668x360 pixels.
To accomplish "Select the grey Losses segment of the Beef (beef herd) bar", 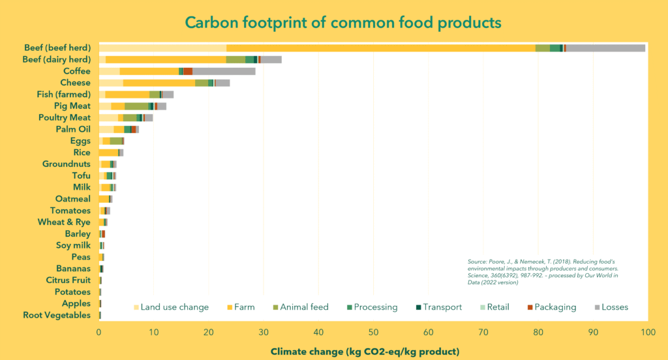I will (x=605, y=48).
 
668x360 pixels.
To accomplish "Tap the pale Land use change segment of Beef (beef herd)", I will (x=162, y=48).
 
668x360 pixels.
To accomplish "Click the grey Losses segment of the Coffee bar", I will (x=224, y=71).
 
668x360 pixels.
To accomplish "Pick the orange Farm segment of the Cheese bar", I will (x=159, y=83).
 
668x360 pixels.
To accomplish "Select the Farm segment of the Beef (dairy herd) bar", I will (x=166, y=59).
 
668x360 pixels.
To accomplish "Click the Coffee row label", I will (x=76, y=71).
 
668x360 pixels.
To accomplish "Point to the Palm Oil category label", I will (x=73, y=129).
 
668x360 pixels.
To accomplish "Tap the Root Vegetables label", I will (x=57, y=315).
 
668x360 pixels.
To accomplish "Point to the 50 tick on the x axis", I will (x=373, y=331).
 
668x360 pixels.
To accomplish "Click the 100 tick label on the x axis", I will (x=647, y=331).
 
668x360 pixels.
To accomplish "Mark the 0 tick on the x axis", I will (x=99, y=331).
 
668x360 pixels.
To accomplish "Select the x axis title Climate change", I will (x=365, y=352).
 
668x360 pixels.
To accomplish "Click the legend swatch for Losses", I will (x=598, y=307).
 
